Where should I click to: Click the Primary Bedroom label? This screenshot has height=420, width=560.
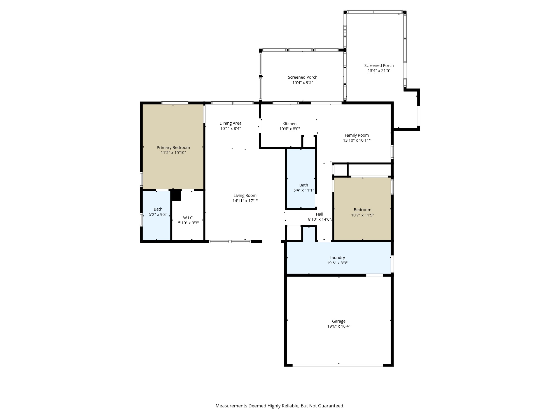tap(173, 148)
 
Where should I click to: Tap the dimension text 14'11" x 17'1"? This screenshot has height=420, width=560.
tap(245, 201)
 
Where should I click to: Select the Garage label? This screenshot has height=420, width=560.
tap(339, 321)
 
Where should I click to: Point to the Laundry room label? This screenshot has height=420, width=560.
tap(337, 258)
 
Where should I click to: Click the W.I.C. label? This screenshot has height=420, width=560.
tap(188, 218)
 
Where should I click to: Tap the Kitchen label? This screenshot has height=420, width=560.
tap(289, 124)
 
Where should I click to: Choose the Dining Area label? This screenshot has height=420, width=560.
tap(230, 123)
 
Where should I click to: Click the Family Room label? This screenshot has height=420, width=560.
tap(356, 135)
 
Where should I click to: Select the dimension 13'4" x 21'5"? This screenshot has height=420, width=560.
tap(379, 71)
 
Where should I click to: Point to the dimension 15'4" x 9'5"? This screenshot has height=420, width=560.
tap(302, 83)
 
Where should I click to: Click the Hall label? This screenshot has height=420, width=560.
tap(319, 214)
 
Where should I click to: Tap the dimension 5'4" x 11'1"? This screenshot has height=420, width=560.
tap(304, 190)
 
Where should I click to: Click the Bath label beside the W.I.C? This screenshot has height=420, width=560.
tap(158, 209)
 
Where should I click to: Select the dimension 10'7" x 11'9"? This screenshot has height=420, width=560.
tap(362, 215)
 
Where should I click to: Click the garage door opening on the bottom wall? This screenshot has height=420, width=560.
tap(337, 365)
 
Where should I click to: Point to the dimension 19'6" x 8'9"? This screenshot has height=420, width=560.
tap(337, 263)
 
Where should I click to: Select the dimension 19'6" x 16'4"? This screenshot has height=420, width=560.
tap(339, 326)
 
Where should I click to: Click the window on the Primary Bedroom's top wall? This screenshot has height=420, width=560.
tap(175, 103)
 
